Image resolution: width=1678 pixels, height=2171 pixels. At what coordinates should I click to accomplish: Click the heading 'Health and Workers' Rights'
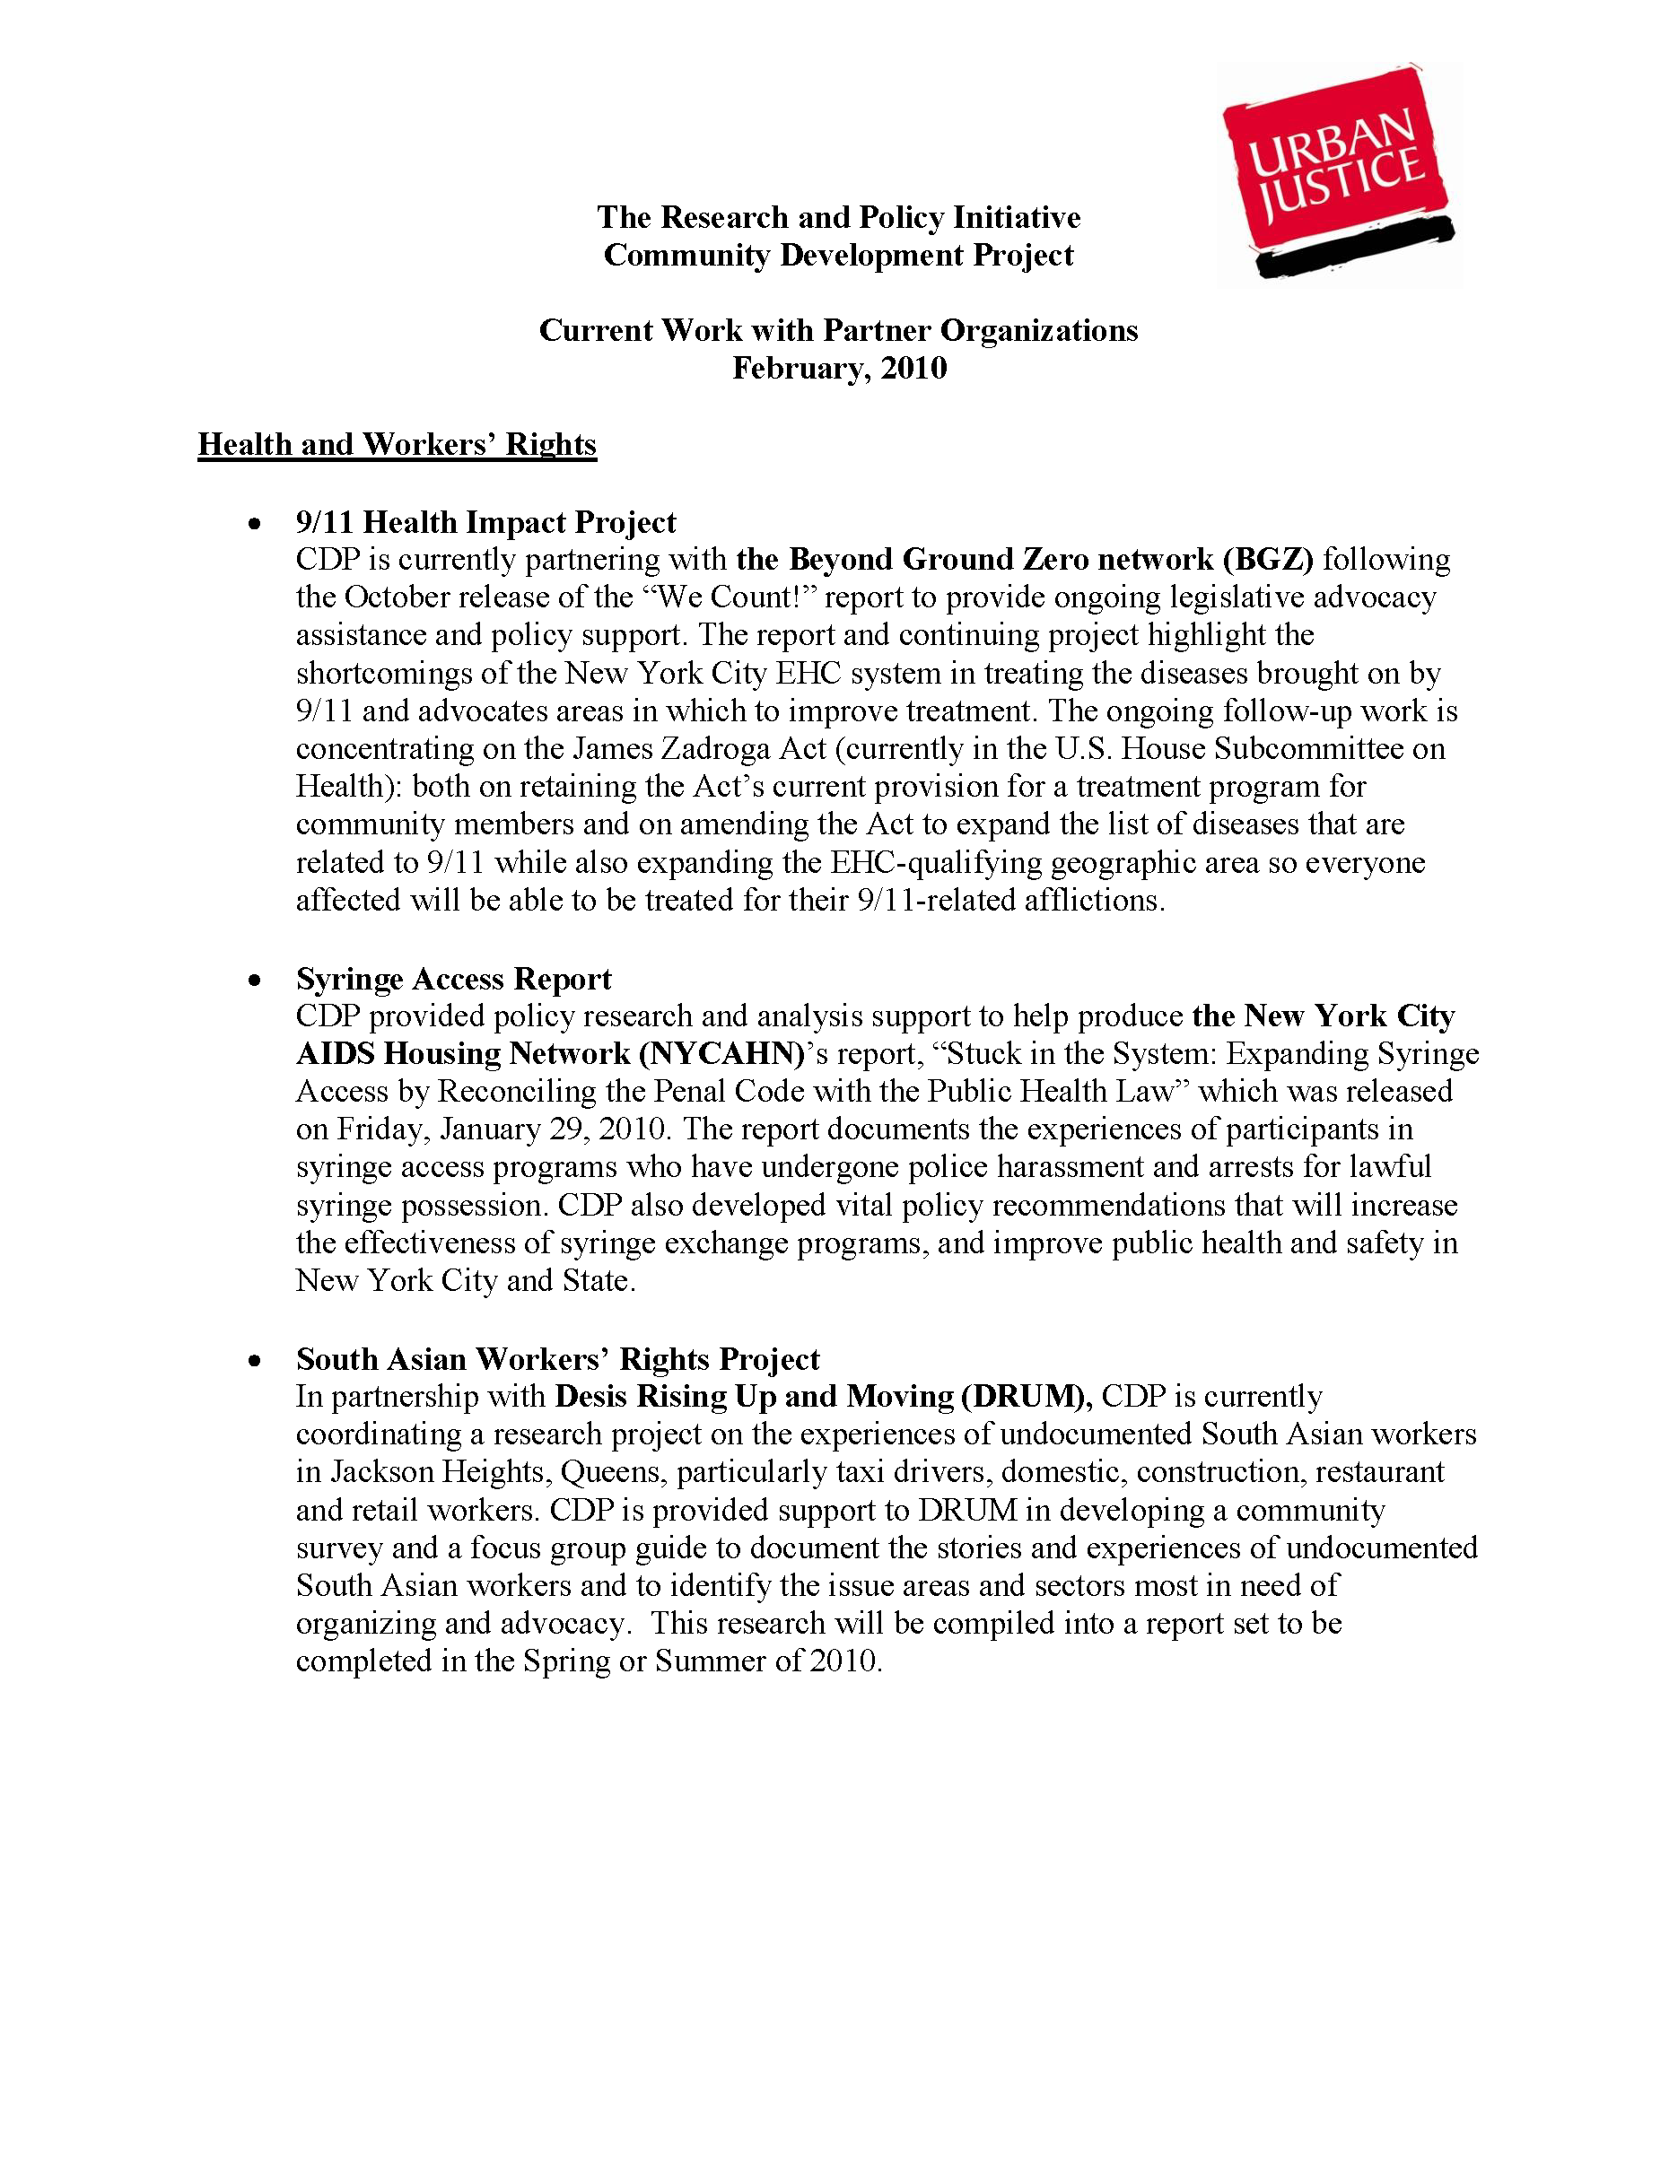point(397,444)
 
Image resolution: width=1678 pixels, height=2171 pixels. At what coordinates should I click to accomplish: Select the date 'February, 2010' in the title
point(839,369)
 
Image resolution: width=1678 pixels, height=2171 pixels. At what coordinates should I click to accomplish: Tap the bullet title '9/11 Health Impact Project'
point(485,522)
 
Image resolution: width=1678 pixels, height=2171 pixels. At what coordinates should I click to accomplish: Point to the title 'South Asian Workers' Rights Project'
point(557,1359)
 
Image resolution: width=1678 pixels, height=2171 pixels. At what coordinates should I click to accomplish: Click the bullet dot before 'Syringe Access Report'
point(256,981)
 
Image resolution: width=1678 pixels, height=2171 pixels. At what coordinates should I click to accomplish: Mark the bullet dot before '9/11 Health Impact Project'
point(256,523)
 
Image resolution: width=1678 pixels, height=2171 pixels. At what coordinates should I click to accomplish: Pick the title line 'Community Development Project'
point(838,256)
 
